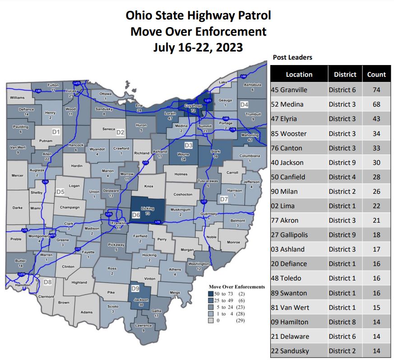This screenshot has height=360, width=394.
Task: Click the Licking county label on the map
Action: [148, 208]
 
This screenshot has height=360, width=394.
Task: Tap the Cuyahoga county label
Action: [193, 106]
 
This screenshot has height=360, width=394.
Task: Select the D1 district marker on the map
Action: [56, 132]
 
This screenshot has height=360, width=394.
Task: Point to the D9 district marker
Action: [135, 288]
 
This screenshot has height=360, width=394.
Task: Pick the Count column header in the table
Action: [376, 75]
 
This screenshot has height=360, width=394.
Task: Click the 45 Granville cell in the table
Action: [289, 90]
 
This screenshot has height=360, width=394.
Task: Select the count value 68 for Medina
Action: [376, 104]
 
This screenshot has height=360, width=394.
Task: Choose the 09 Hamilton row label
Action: [289, 322]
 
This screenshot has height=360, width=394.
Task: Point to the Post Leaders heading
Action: [292, 57]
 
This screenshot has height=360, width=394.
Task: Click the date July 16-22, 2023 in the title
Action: [198, 47]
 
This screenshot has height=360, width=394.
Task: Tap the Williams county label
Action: [17, 97]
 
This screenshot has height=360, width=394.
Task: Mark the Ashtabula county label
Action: [252, 85]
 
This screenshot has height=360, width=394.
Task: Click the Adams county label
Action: [86, 312]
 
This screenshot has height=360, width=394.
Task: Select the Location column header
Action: [299, 75]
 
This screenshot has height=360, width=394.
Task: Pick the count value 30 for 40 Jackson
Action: [376, 163]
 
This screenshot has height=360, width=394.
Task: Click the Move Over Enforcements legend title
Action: [237, 287]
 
